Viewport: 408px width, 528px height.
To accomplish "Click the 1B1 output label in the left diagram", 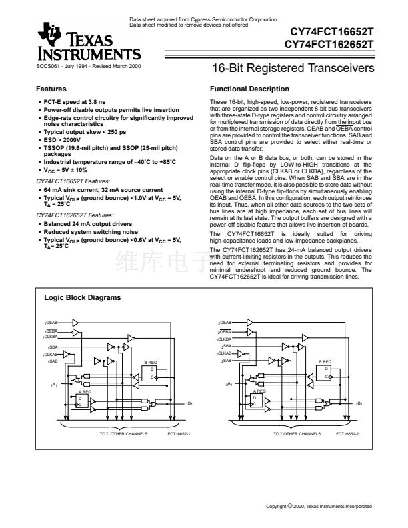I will pyautogui.click(x=190, y=404).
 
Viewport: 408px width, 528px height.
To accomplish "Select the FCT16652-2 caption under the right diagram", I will pyautogui.click(x=348, y=434).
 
